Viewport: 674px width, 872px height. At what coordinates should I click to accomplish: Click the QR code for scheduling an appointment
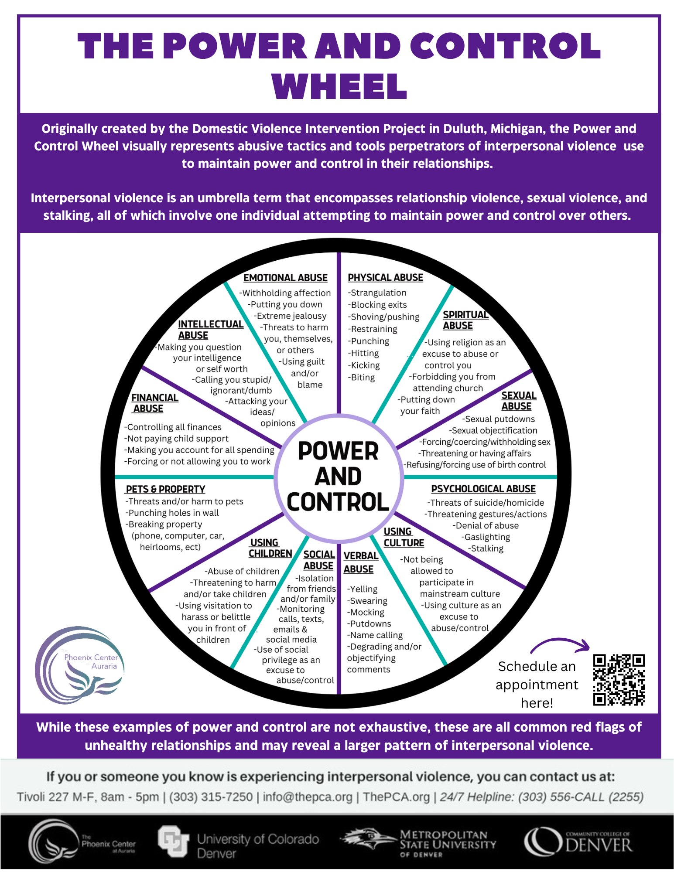[x=619, y=679]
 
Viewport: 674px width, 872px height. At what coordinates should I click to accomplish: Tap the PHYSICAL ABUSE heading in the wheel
[x=385, y=277]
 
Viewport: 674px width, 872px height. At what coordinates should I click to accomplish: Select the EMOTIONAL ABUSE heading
[x=285, y=278]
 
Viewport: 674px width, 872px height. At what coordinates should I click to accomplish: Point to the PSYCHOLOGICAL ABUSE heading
[x=483, y=489]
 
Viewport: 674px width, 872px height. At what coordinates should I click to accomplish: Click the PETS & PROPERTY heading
[x=165, y=489]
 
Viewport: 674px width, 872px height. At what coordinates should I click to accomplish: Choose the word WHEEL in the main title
[x=339, y=86]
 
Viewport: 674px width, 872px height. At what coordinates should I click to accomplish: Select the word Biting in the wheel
[x=363, y=378]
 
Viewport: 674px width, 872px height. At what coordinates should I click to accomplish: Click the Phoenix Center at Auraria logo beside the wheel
[x=80, y=665]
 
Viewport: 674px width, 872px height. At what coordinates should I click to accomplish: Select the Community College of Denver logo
[x=578, y=842]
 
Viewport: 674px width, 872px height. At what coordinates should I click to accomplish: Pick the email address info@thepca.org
[x=308, y=797]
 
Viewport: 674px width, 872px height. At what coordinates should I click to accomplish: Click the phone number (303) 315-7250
[x=211, y=797]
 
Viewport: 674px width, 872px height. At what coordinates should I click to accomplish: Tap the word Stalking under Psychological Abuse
[x=487, y=548]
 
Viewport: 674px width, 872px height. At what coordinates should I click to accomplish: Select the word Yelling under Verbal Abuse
[x=363, y=589]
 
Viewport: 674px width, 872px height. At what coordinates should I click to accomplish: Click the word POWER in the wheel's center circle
[x=338, y=451]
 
